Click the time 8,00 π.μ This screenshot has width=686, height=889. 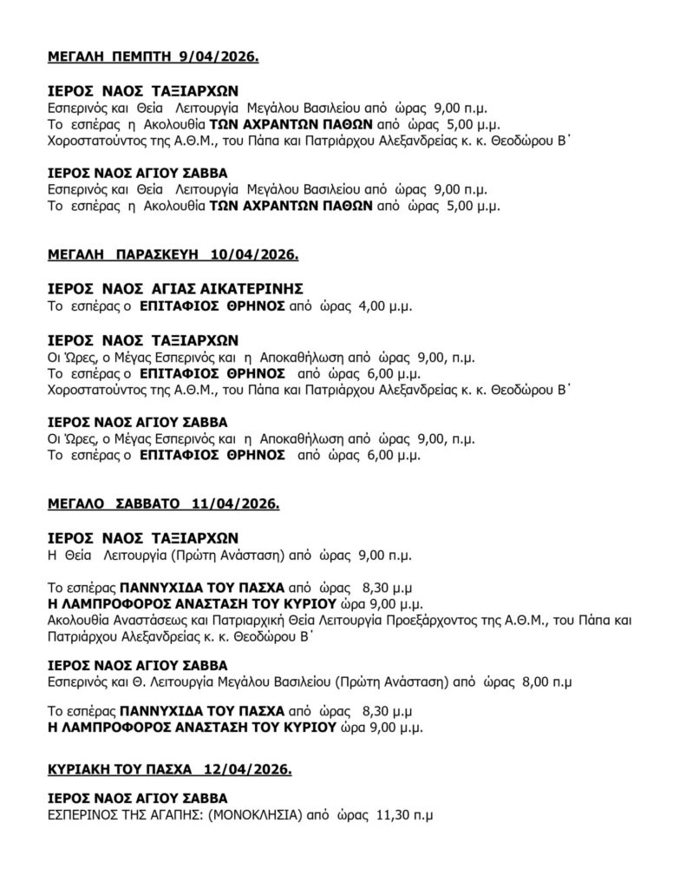click(547, 682)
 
